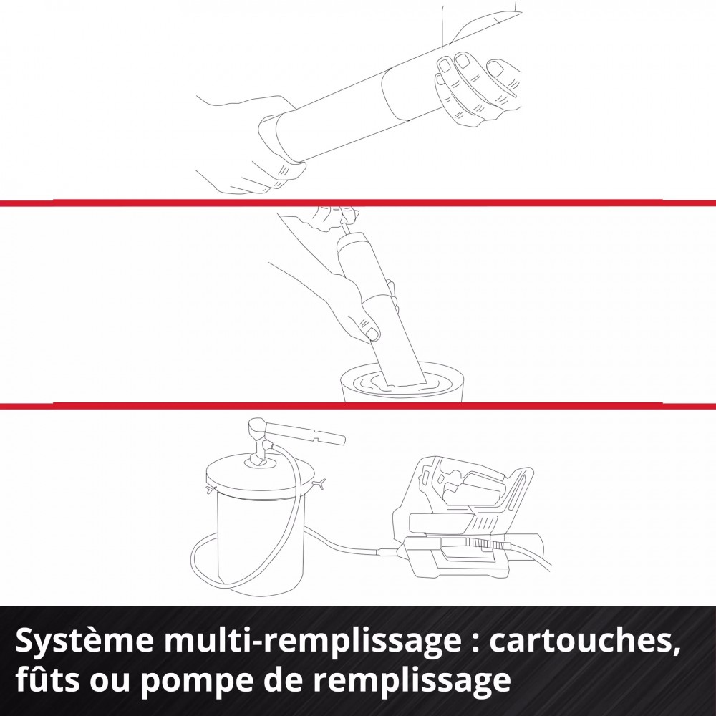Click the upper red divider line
coord(358,203)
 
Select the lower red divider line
coord(358,405)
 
